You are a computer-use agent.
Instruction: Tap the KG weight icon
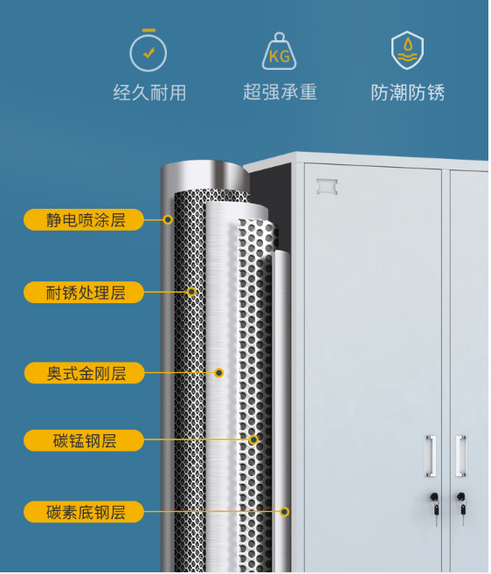280,52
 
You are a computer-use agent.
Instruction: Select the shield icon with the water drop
407,50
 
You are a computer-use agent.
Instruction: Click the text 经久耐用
149,93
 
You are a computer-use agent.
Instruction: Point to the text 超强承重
280,92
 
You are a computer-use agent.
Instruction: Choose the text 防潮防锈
408,93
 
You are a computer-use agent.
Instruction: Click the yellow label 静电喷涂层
84,219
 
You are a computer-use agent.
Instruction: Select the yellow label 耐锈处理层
84,292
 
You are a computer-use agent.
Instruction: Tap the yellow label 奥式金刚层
84,373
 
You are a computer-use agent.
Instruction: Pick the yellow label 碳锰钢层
84,440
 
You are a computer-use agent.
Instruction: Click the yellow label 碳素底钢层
84,511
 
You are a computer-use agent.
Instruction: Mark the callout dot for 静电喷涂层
168,219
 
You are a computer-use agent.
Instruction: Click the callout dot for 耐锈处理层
191,292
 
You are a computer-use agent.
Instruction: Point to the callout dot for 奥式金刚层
219,373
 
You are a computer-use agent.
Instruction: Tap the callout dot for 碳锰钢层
253,439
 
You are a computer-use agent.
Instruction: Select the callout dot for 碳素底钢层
285,511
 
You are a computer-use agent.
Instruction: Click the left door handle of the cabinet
430,456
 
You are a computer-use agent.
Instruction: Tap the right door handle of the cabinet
461,456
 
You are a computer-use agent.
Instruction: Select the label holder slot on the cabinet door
327,186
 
